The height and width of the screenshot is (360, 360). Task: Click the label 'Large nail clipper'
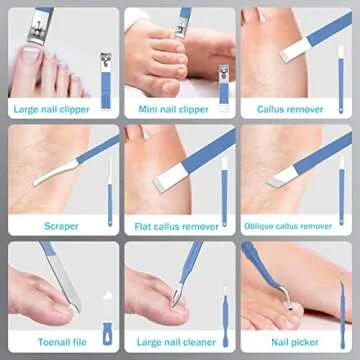click(50, 109)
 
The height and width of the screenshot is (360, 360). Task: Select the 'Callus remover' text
click(291, 109)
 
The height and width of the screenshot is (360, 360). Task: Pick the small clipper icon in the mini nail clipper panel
click(223, 80)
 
